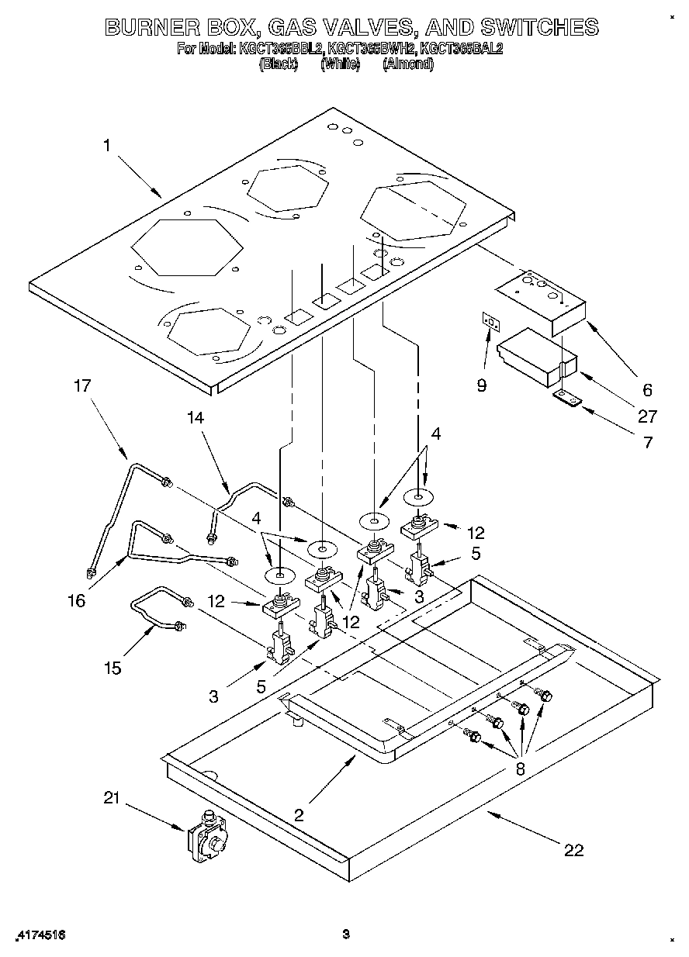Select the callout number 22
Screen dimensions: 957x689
573,851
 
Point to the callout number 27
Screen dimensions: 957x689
646,416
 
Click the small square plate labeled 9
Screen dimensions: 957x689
489,321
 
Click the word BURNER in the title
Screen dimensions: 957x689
147,27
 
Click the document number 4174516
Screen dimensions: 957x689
40,935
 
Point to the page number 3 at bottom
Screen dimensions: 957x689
346,935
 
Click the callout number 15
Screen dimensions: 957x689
113,668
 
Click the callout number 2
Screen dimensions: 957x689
299,815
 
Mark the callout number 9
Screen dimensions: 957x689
482,385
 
